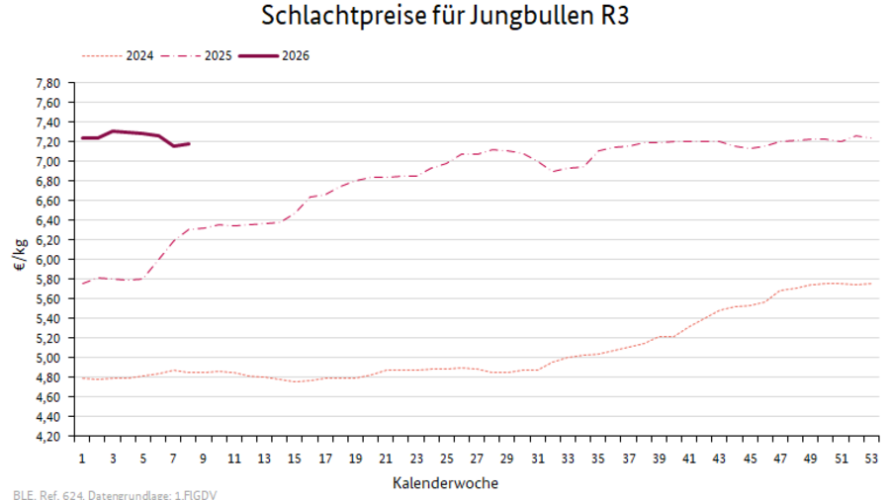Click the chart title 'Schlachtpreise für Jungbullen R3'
click(x=445, y=17)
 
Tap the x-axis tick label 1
click(x=82, y=458)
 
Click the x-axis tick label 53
click(x=870, y=458)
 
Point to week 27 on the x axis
click(x=477, y=458)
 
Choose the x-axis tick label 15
click(x=295, y=458)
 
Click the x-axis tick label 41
click(x=689, y=458)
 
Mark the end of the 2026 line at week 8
click(x=189, y=143)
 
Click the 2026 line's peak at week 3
click(x=113, y=130)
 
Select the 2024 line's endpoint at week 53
click(x=870, y=284)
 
